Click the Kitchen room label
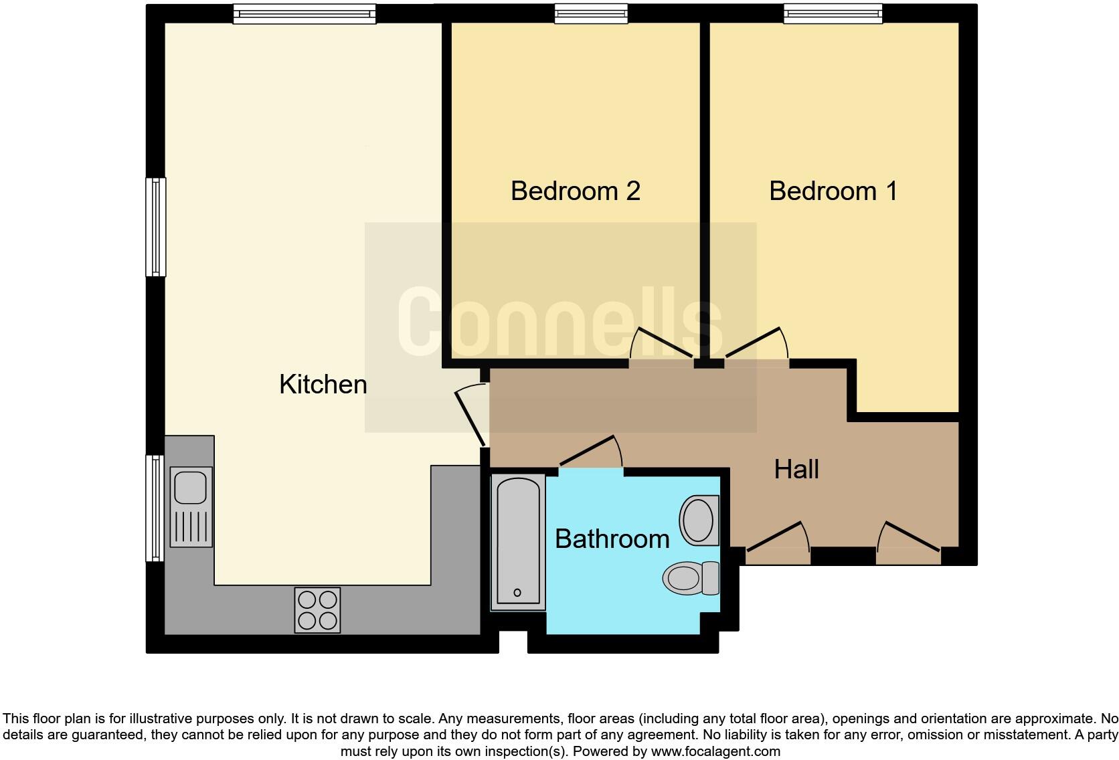click(x=323, y=385)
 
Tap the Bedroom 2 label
click(x=575, y=191)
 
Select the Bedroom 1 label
click(x=833, y=191)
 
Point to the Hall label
click(x=796, y=470)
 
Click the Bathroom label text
click(x=612, y=539)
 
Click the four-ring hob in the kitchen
click(x=317, y=610)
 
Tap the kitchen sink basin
click(x=191, y=487)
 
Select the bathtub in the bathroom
click(x=518, y=542)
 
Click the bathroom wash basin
click(x=699, y=520)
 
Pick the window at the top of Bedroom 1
click(x=833, y=13)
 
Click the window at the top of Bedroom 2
click(x=591, y=13)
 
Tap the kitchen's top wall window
click(x=305, y=13)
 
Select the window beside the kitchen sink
click(x=155, y=508)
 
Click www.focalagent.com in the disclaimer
click(x=715, y=751)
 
